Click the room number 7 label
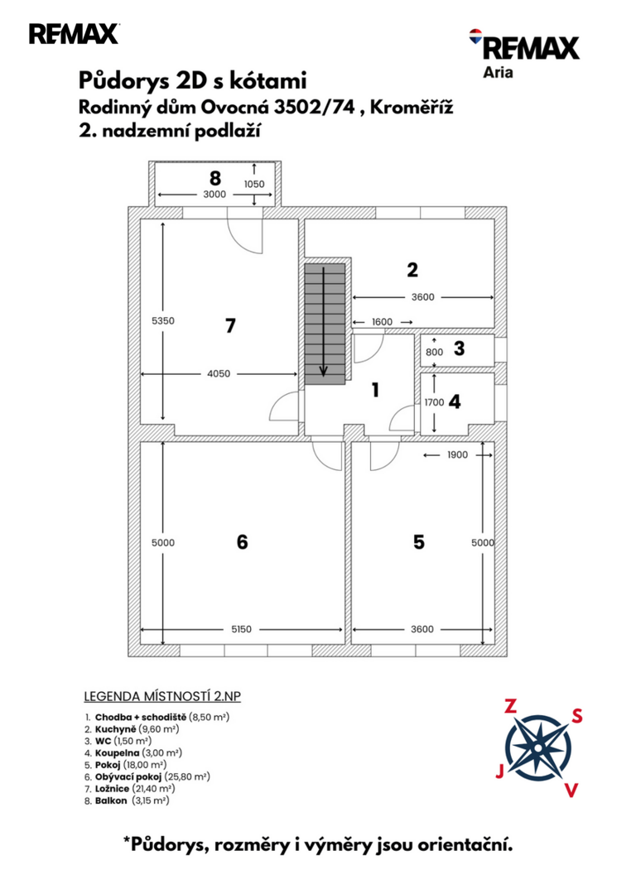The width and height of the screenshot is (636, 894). point(230,325)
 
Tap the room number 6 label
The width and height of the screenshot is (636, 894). point(243,541)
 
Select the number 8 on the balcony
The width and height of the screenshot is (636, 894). point(215,178)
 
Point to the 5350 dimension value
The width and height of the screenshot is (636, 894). point(163,321)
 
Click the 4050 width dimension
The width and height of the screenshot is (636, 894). point(219,374)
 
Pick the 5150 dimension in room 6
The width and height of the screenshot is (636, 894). point(241,629)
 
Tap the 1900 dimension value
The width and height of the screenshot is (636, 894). point(457,455)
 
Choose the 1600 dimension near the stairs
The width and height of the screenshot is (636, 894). point(382,322)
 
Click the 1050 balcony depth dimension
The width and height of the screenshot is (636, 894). point(254,184)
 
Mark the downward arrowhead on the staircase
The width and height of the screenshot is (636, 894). point(324,372)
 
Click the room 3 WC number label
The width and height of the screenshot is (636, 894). point(459,348)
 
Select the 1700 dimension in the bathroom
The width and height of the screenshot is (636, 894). point(434,402)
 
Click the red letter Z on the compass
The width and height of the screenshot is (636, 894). point(510,707)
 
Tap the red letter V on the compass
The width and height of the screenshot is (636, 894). point(571,791)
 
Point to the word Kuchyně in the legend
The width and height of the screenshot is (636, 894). point(116,729)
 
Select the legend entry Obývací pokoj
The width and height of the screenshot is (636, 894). point(129,776)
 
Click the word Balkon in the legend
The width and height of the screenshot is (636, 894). point(111,800)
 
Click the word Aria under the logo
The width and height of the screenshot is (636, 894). point(498,73)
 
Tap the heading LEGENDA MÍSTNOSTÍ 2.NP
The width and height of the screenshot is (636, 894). point(162,696)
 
